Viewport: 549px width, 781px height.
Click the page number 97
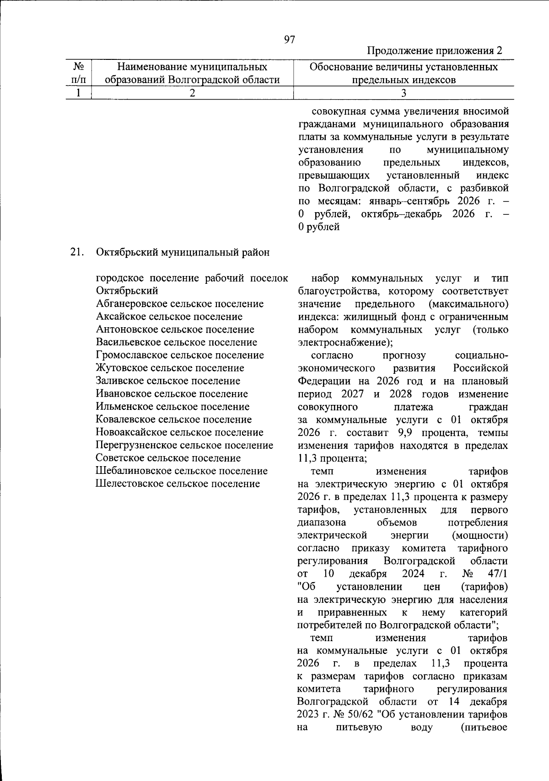(x=289, y=40)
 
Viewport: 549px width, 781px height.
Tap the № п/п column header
(x=78, y=74)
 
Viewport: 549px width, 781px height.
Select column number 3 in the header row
(x=403, y=93)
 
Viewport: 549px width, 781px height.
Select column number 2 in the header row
(x=192, y=93)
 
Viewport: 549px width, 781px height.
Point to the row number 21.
(x=76, y=252)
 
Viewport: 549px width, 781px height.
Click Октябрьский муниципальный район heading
(x=183, y=252)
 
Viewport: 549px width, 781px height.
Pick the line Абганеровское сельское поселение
(x=180, y=304)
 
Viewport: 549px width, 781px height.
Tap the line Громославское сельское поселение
(x=180, y=355)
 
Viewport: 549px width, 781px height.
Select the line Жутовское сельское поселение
(x=170, y=368)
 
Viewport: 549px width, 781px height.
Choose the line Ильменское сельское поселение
(x=172, y=407)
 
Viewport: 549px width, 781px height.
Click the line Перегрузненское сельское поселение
(x=184, y=445)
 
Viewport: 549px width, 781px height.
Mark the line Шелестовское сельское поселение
(x=178, y=483)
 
